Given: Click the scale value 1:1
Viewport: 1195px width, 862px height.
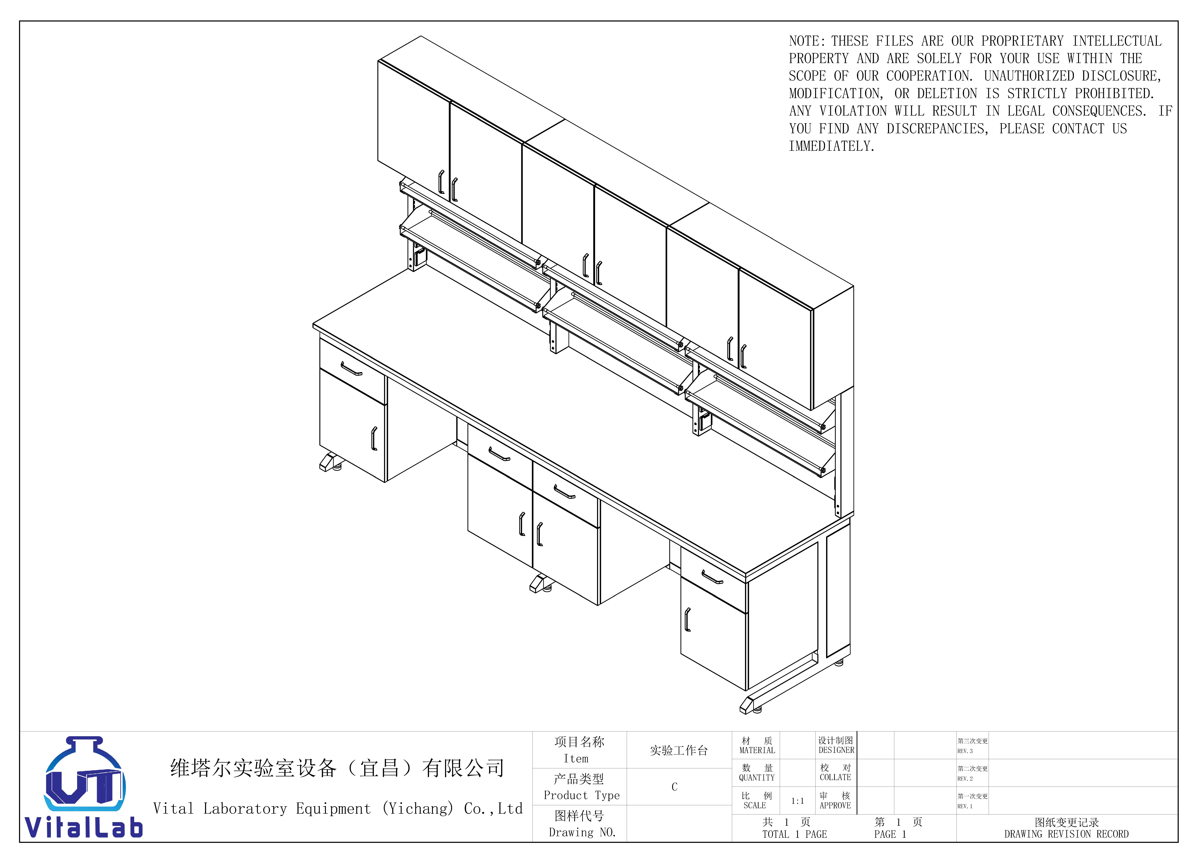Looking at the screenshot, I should point(797,801).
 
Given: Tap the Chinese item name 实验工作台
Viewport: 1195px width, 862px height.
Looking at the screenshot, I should point(679,750).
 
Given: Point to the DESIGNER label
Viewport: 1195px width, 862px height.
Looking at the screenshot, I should point(836,750).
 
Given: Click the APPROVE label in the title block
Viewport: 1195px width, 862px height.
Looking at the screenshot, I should point(835,805).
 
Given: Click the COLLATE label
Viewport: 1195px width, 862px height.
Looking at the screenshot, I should point(835,777).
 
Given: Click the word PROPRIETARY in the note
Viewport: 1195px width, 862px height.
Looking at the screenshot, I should point(1022,41).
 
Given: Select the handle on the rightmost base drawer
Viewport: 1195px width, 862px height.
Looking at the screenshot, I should point(712,578).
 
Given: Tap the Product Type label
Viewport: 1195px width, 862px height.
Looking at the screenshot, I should point(582,795).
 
